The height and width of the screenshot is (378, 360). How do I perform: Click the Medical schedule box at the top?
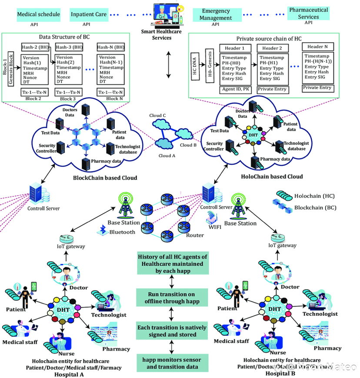tap(38, 15)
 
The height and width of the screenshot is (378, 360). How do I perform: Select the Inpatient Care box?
tap(89, 15)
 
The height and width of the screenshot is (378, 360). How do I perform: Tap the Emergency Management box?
tap(216, 15)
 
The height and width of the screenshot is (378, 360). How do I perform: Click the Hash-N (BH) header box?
tap(111, 47)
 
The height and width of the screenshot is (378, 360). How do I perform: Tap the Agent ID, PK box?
tap(235, 89)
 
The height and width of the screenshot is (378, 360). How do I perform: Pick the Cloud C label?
tap(158, 116)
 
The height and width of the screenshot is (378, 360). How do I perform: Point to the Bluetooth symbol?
tap(103, 232)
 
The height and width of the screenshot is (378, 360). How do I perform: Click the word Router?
tap(195, 235)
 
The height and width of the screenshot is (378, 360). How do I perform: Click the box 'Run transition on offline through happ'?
tap(172, 298)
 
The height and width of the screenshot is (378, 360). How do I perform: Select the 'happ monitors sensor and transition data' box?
tap(172, 363)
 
